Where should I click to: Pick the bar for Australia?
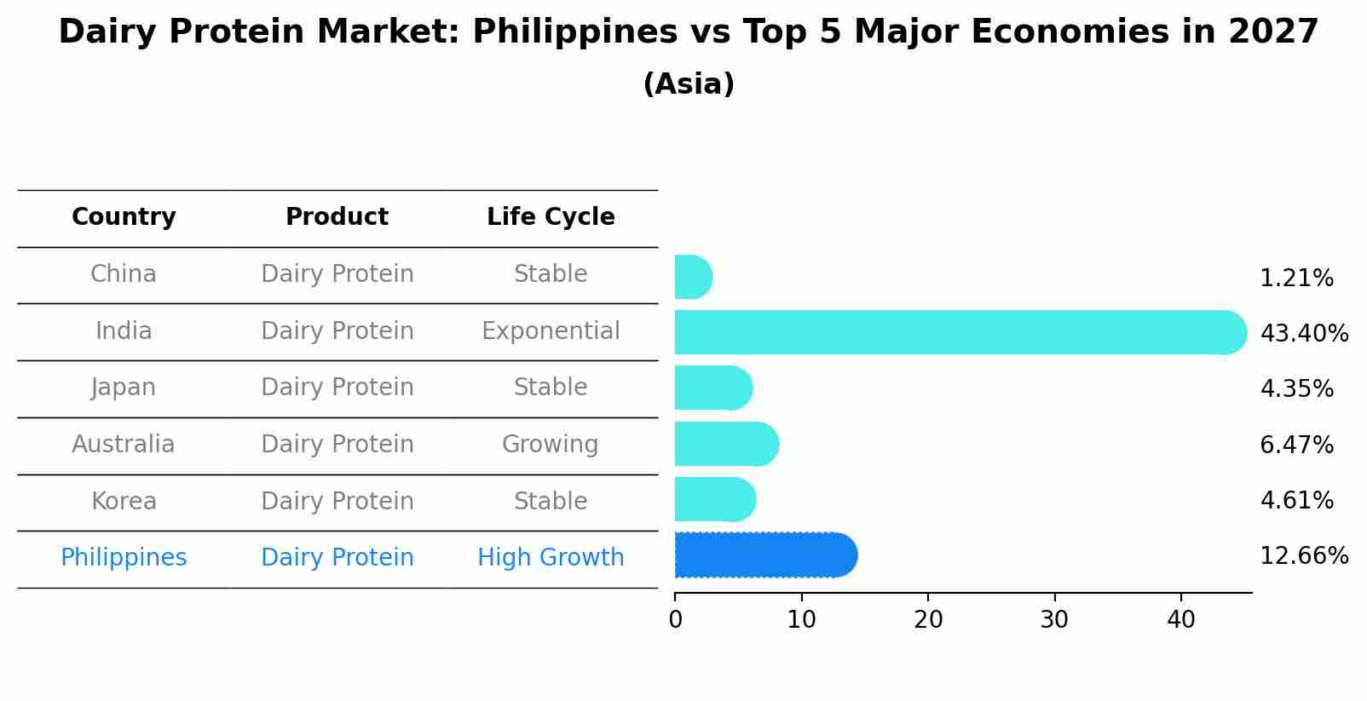coord(725,444)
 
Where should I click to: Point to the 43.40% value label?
coord(1304,333)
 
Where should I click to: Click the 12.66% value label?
coord(1304,556)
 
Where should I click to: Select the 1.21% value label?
coord(1296,279)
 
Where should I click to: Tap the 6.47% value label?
coord(1296,445)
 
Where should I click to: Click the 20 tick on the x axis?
coord(928,620)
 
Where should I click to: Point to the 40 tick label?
coord(1181,620)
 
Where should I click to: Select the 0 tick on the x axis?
coord(676,620)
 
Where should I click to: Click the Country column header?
coord(124,217)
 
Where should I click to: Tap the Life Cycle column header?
coord(551,217)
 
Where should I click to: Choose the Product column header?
coord(337,217)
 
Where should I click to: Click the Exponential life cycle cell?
coord(551,330)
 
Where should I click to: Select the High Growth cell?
coord(551,558)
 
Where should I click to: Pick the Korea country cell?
coord(124,501)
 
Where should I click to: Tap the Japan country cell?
coord(124,388)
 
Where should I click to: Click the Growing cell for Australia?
coord(551,445)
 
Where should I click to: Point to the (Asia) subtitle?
coord(689,84)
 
